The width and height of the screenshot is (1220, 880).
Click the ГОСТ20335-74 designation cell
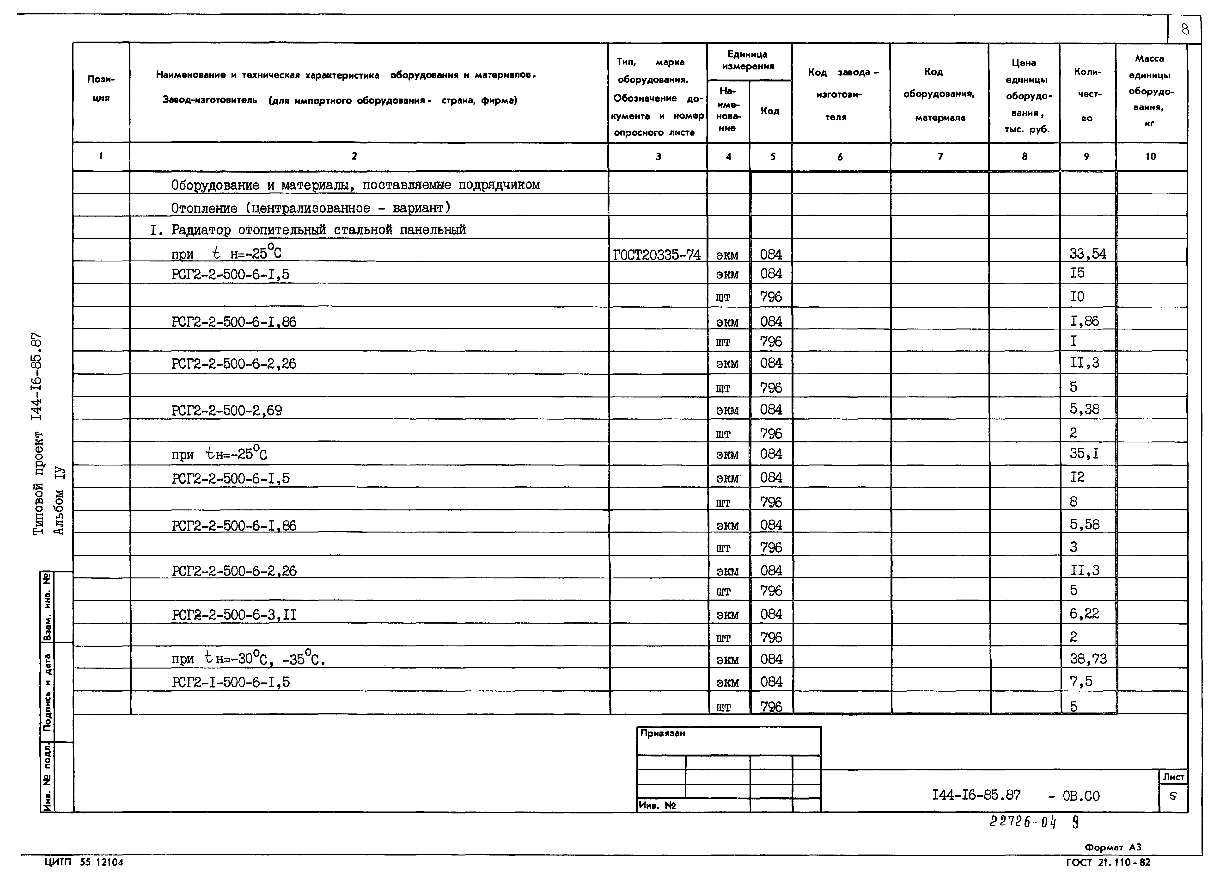(x=657, y=254)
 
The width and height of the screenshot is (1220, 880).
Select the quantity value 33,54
(x=1088, y=254)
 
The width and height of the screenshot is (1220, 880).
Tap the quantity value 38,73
(x=1088, y=659)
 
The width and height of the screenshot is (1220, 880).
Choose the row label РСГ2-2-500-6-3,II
(x=234, y=615)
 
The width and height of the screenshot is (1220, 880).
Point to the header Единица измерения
(x=748, y=60)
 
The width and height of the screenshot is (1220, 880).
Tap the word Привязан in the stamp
(x=663, y=733)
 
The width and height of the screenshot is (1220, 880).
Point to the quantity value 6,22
(x=1084, y=614)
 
